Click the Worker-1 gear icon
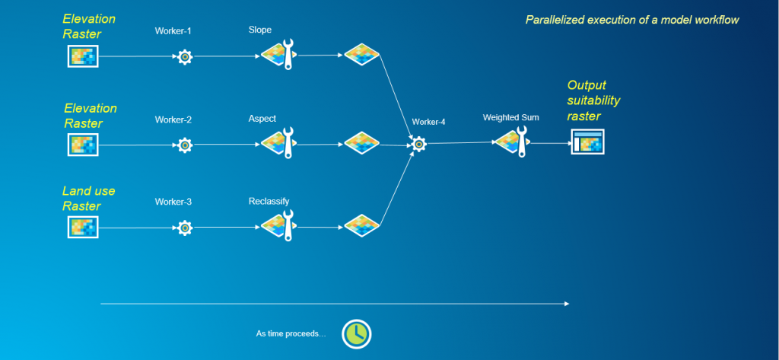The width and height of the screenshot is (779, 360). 184,56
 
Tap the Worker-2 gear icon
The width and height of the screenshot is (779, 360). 184,145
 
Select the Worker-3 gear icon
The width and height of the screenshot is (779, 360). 184,227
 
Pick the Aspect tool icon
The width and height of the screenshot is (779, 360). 278,143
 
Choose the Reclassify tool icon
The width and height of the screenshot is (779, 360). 278,226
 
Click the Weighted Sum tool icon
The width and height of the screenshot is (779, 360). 511,142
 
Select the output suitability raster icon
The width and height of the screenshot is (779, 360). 587,142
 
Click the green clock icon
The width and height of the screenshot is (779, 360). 355,333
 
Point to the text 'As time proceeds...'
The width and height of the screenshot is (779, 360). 291,333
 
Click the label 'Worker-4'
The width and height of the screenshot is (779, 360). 428,122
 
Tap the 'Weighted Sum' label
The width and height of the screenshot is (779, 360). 510,118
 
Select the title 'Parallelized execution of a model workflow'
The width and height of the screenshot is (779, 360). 632,19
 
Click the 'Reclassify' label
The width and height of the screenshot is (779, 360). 269,202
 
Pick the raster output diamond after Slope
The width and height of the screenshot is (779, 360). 361,55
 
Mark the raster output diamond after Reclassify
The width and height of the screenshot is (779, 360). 361,225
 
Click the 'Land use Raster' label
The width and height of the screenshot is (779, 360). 89,199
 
